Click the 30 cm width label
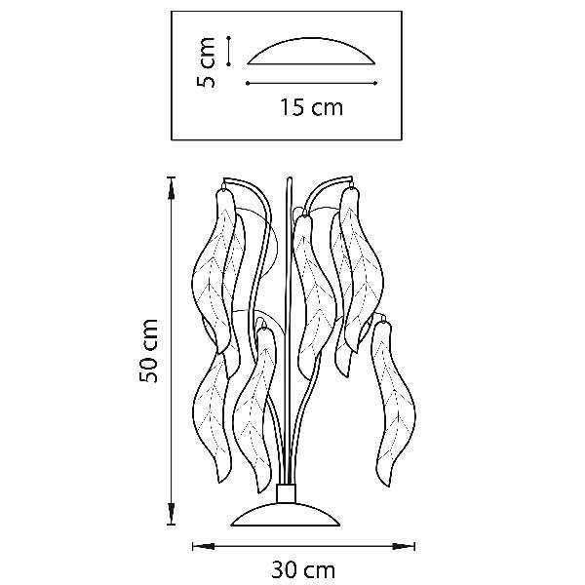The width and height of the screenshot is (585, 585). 303,570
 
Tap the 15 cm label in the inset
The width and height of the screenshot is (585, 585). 312,107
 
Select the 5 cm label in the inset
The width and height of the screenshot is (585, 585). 206,62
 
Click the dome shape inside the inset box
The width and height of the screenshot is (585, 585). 311,51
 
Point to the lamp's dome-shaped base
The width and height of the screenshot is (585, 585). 286,514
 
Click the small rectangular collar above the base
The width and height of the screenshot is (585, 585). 287,493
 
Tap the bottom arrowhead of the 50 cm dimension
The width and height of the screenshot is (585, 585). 172,513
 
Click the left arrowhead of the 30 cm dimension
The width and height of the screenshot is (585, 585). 204,547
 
